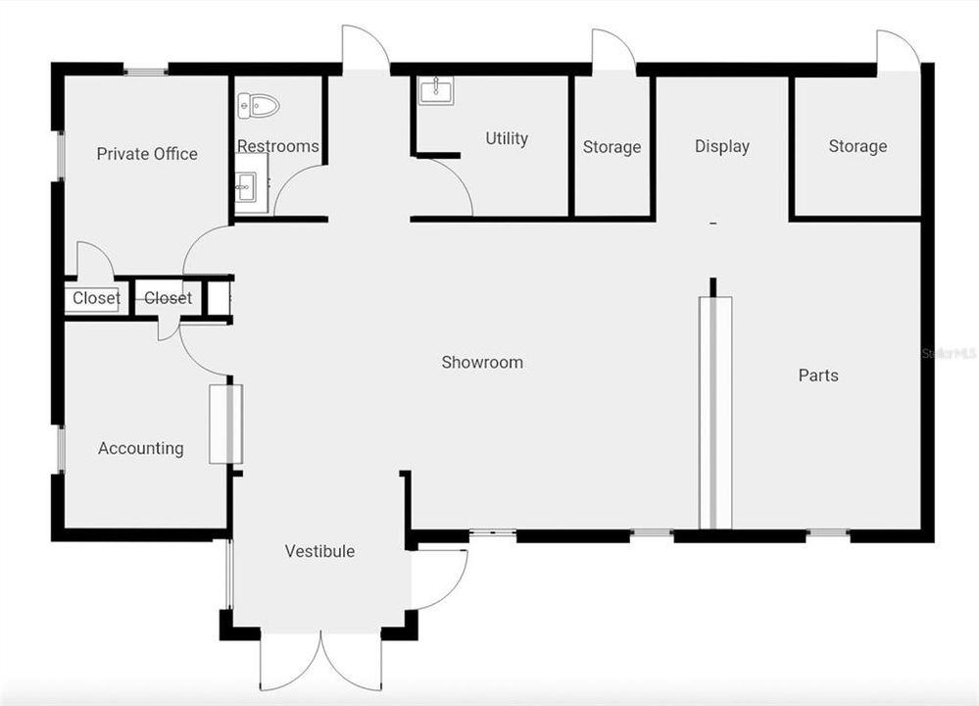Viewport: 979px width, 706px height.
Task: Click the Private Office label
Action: (x=147, y=154)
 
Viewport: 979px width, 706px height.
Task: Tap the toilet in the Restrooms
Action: (x=259, y=105)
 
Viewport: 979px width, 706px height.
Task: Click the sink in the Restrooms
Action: (x=245, y=184)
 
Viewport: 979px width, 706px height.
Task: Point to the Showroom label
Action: (x=482, y=363)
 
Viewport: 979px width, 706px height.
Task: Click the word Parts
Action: (x=818, y=376)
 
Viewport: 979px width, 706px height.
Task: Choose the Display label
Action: (x=722, y=147)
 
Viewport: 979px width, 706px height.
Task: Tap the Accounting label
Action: (x=141, y=449)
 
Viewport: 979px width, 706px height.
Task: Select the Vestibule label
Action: (x=319, y=552)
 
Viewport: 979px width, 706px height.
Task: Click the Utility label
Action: (x=507, y=139)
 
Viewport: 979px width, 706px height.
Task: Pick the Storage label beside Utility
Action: (x=612, y=148)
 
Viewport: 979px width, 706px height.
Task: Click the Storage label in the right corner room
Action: (x=857, y=147)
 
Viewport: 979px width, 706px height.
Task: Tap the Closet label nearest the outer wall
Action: (x=96, y=298)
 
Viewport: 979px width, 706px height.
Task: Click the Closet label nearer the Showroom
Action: (x=168, y=298)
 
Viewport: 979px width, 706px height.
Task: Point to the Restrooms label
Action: (x=278, y=147)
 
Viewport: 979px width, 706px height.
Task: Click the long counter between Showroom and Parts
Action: (x=715, y=412)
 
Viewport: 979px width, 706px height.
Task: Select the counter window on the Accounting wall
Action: (x=226, y=424)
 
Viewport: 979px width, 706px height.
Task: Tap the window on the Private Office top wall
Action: (x=146, y=71)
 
